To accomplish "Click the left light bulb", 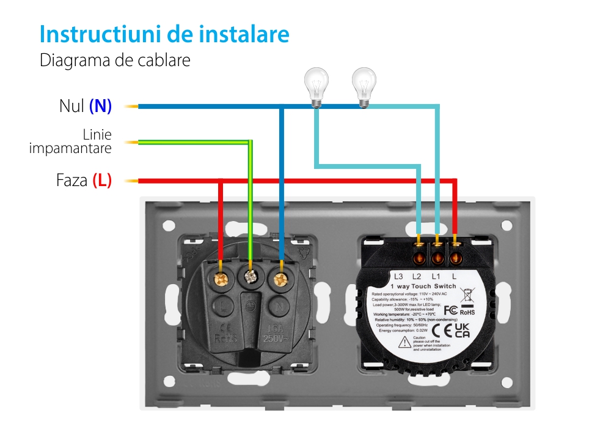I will pyautogui.click(x=316, y=86).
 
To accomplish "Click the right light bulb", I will pyautogui.click(x=364, y=86).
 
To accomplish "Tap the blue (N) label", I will pyautogui.click(x=100, y=106).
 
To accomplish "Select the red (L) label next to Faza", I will pyautogui.click(x=102, y=181).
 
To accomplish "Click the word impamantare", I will pyautogui.click(x=70, y=149).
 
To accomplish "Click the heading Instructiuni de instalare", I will pyautogui.click(x=164, y=34).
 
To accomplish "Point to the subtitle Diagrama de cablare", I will pyautogui.click(x=115, y=61).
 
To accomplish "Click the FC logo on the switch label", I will pyautogui.click(x=450, y=309).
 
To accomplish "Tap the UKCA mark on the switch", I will pyautogui.click(x=462, y=331).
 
